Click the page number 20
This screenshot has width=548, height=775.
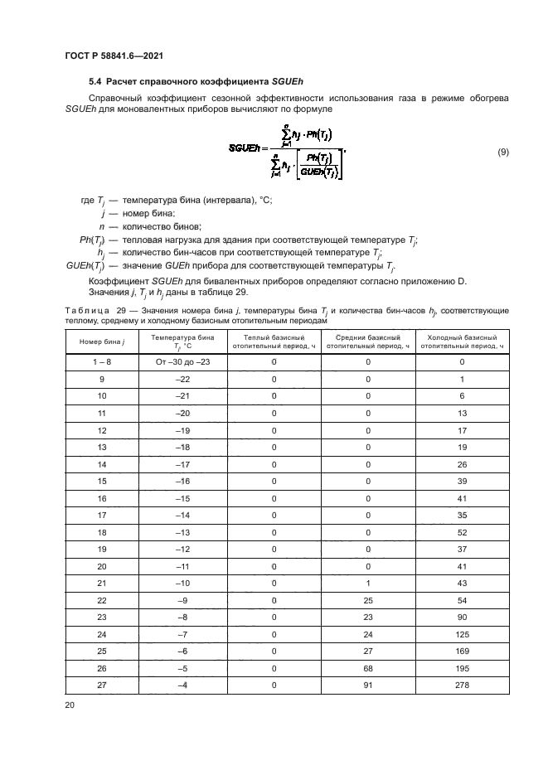[70, 705]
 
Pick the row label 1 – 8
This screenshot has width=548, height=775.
[102, 363]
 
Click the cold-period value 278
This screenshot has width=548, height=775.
[462, 685]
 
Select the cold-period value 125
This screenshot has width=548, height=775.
[462, 632]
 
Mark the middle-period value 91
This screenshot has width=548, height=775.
[368, 685]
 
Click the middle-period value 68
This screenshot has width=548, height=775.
[368, 668]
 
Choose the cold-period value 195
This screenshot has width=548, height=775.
[462, 668]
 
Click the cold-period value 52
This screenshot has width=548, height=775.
[462, 532]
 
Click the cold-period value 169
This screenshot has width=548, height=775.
[462, 651]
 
